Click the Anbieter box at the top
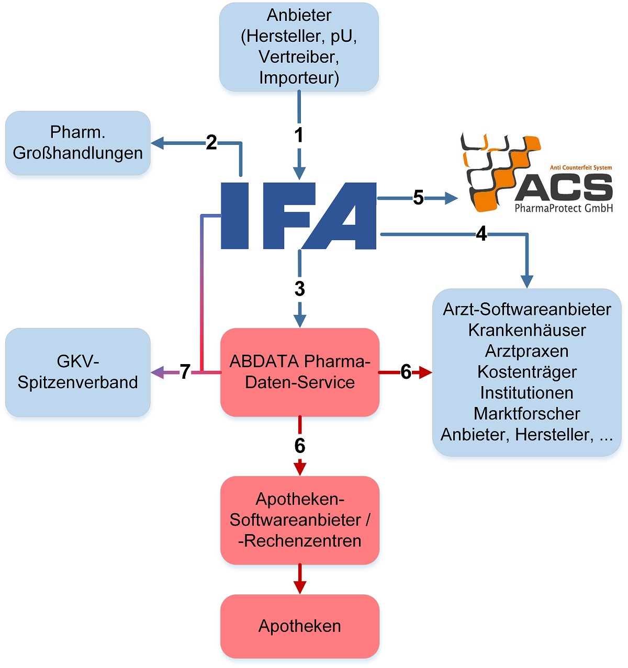click(299, 47)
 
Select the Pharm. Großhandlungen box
click(78, 142)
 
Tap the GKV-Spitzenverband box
click(78, 372)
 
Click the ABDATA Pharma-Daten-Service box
click(299, 372)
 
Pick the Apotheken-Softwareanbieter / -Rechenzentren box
click(299, 520)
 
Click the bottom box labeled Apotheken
click(299, 626)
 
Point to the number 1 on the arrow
click(299, 135)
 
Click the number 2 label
click(211, 142)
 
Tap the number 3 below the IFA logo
click(299, 289)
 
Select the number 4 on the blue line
click(481, 234)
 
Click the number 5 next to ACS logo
click(418, 198)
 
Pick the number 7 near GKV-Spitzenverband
click(185, 372)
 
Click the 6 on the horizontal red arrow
click(406, 372)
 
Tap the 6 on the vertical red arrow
click(299, 446)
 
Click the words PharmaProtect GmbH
click(563, 208)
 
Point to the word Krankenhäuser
click(526, 330)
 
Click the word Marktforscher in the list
click(526, 414)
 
